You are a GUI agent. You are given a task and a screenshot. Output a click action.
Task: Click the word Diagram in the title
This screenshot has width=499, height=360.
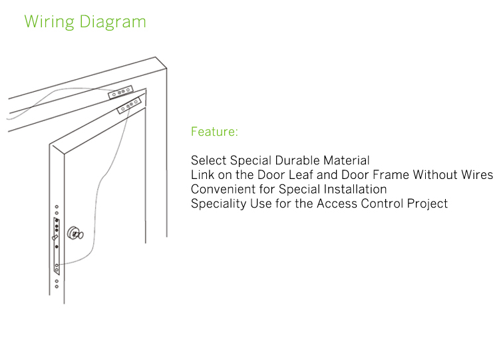coord(113,22)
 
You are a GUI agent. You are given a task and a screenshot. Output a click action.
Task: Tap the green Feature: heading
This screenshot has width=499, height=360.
coord(214,132)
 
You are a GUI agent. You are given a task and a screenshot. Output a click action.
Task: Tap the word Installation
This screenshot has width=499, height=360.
coord(351,189)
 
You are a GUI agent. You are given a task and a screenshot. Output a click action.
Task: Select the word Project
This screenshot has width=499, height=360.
coord(427,204)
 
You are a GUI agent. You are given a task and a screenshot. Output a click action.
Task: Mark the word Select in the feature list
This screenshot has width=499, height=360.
coord(208,160)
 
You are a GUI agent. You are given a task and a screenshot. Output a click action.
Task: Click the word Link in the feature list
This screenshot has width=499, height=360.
coord(202,175)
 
